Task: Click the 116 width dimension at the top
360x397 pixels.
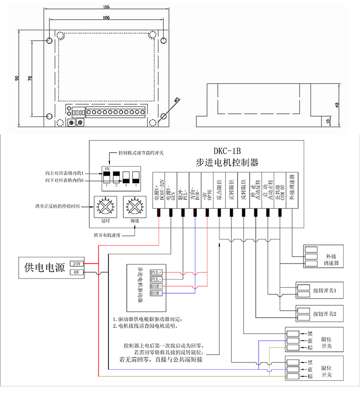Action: (106, 7)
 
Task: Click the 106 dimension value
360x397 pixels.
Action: (106, 17)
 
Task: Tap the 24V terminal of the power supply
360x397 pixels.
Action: (77, 264)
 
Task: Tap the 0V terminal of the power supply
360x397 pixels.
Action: (77, 272)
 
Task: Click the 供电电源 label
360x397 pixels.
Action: (45, 268)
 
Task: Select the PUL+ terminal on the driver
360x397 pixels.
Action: (156, 272)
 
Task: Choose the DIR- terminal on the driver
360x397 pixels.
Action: (156, 293)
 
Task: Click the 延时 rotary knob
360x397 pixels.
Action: (106, 207)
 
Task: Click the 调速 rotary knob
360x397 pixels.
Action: (133, 207)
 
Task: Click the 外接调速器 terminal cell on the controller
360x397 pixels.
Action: (291, 190)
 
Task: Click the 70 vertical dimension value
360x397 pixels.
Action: (30, 78)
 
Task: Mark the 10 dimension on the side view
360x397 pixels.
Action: (328, 121)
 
